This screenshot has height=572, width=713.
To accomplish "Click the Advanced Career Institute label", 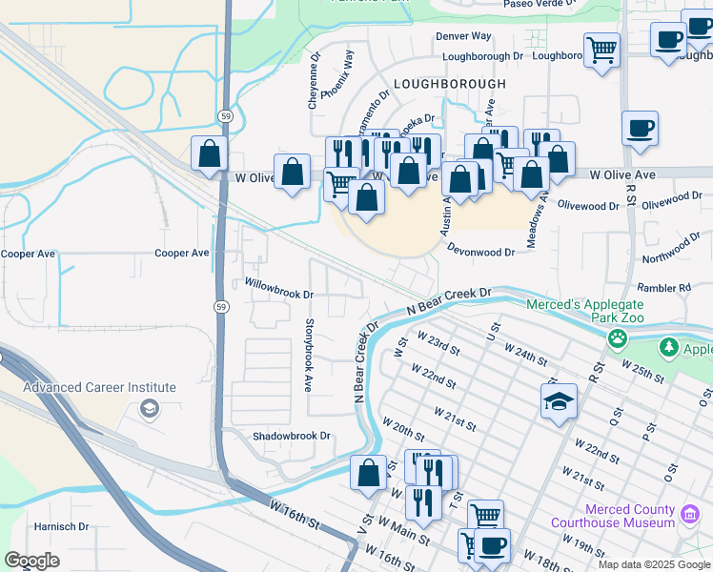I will pyautogui.click(x=100, y=387).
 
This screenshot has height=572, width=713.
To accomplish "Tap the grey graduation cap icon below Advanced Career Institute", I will pyautogui.click(x=149, y=408).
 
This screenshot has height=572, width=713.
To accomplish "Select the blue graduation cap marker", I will pyautogui.click(x=559, y=401).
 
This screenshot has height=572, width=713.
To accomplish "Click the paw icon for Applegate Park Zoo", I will pyautogui.click(x=620, y=337).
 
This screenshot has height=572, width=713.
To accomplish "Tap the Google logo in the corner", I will pyautogui.click(x=31, y=561).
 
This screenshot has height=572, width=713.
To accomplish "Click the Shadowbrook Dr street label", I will pyautogui.click(x=291, y=436).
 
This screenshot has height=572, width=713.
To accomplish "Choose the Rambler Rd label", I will pyautogui.click(x=666, y=287).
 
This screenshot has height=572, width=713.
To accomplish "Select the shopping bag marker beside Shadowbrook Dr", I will pyautogui.click(x=369, y=473).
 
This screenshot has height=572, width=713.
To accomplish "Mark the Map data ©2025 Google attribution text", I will pyautogui.click(x=654, y=564).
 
